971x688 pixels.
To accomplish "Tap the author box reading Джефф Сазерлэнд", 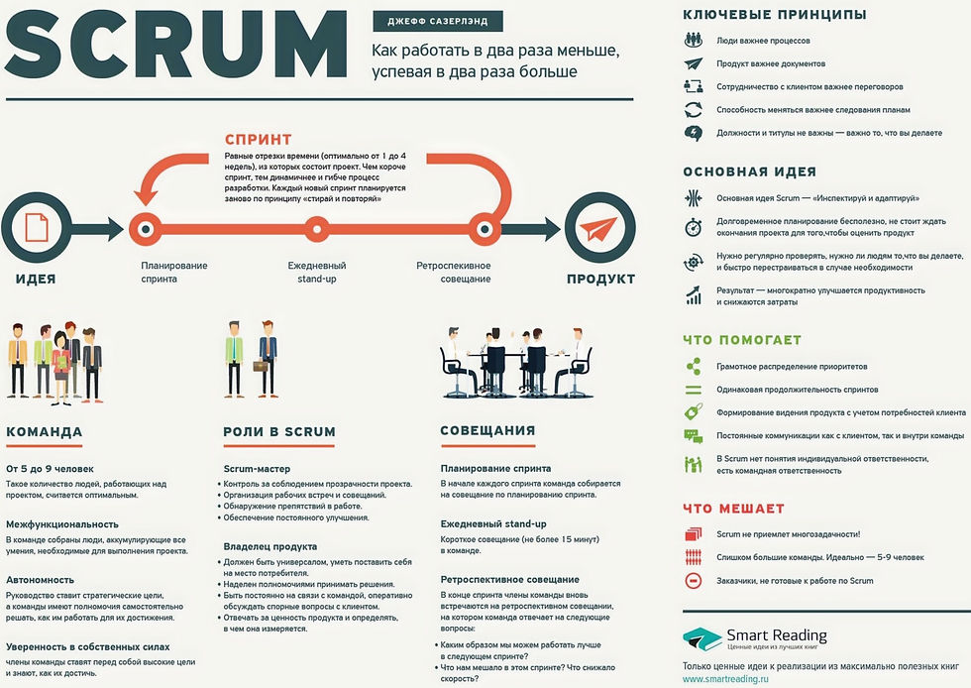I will (x=437, y=20).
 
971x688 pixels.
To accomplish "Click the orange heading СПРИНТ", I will (x=258, y=139).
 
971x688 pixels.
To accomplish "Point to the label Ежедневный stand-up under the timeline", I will (x=317, y=272).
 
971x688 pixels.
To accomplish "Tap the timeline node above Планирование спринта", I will (x=146, y=229).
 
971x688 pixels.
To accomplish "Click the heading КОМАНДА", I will (x=45, y=432).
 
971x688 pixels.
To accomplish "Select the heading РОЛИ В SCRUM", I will (x=278, y=432).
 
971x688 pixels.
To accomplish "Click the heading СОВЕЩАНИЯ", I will (x=487, y=430).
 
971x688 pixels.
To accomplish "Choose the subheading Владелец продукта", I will (x=270, y=546).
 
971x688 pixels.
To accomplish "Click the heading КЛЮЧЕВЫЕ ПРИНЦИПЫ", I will (x=775, y=14).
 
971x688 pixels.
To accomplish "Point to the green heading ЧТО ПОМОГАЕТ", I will (x=742, y=340).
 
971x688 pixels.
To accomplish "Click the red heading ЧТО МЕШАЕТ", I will (x=733, y=509).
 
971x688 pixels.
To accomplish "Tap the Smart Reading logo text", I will (x=776, y=635).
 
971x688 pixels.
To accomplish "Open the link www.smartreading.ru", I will (x=725, y=679).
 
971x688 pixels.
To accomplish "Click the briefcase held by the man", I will (x=260, y=366).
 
